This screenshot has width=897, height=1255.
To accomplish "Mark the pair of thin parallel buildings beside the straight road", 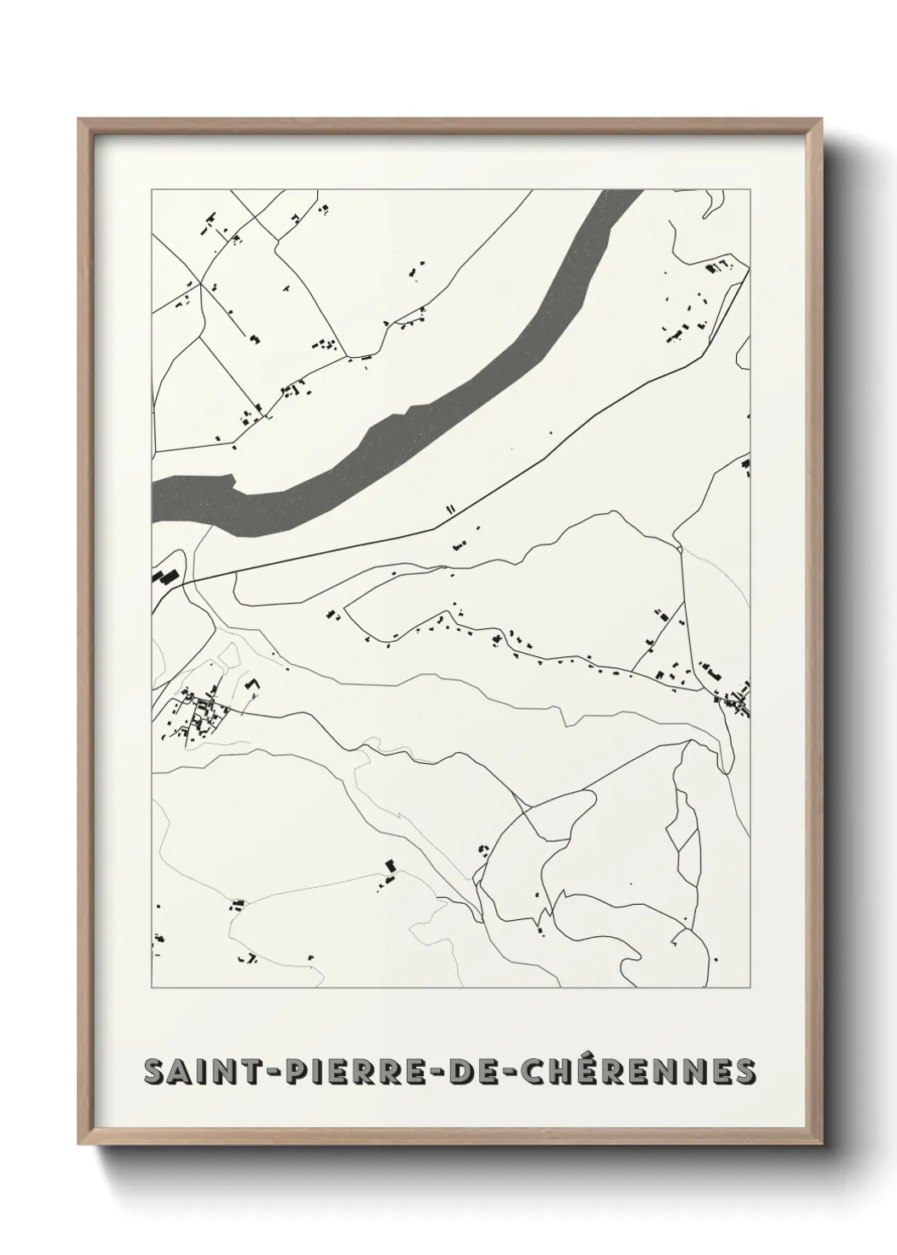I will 451,509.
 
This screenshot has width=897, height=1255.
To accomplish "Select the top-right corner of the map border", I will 750,189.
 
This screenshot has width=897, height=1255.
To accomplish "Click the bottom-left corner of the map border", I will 152,988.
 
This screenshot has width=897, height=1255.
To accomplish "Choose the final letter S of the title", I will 744,1071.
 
